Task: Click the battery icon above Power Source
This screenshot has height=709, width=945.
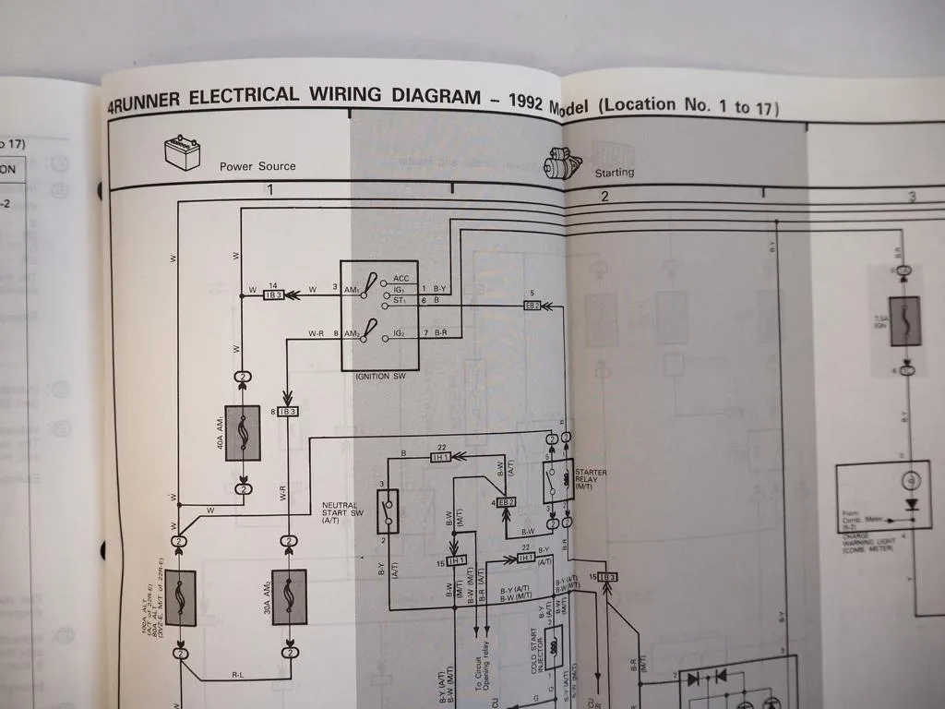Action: point(182,152)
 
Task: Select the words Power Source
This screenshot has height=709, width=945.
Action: point(257,167)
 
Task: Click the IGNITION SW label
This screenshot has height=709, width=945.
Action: point(379,377)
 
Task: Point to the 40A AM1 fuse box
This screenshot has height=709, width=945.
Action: point(243,433)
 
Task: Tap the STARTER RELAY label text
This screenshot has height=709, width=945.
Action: point(591,478)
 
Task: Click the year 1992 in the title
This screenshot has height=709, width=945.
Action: point(517,98)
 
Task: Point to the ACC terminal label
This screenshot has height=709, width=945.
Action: point(401,278)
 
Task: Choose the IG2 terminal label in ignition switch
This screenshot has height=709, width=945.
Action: point(400,331)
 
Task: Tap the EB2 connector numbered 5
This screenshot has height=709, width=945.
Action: point(532,306)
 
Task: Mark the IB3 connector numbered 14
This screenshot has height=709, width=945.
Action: point(273,294)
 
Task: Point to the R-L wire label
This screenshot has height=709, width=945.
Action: point(237,676)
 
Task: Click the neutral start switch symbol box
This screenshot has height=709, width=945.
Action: point(389,511)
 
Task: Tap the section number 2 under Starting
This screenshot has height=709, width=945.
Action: point(604,196)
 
